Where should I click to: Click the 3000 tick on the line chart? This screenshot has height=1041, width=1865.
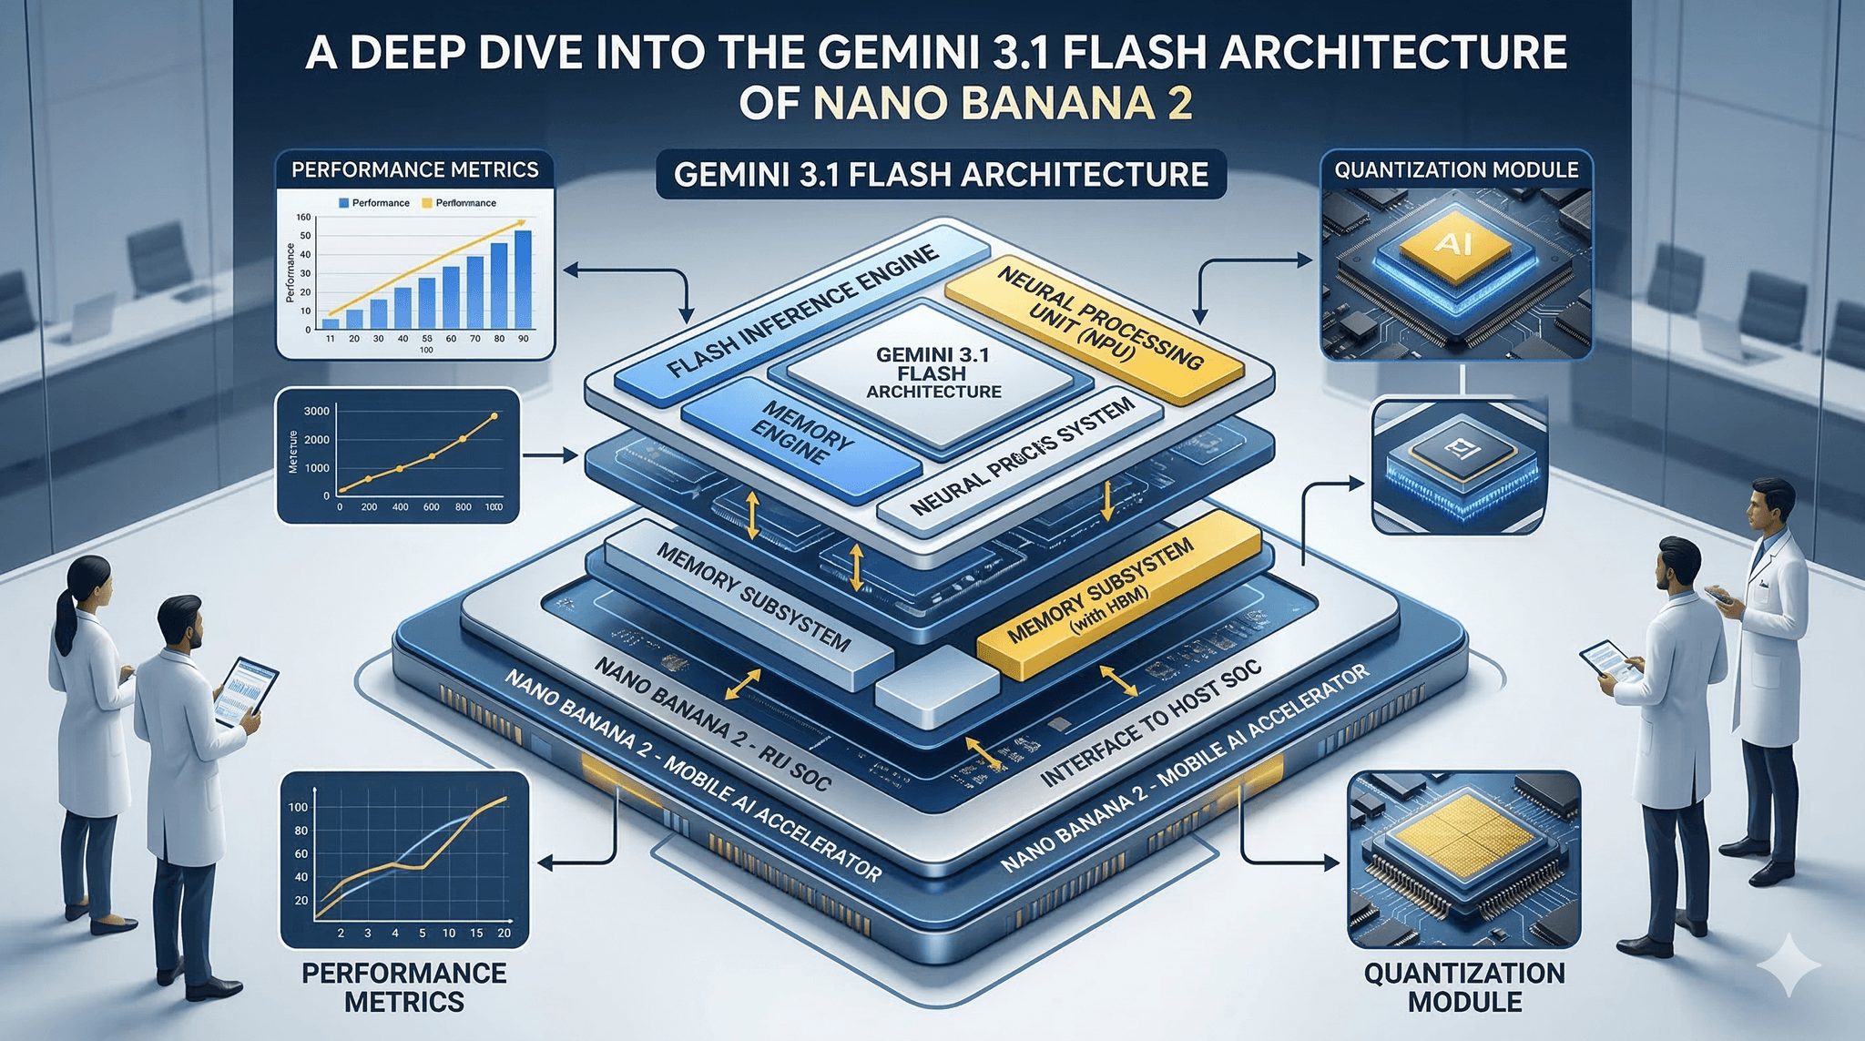tap(316, 412)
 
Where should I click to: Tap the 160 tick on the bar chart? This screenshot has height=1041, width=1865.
tap(303, 218)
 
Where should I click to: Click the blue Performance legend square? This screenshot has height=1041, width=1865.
tap(343, 203)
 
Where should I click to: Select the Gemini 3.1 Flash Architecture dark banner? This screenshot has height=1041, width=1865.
tap(941, 173)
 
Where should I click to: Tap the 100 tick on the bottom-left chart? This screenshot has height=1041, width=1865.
tap(298, 808)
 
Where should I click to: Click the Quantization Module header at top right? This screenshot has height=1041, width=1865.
tap(1456, 169)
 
